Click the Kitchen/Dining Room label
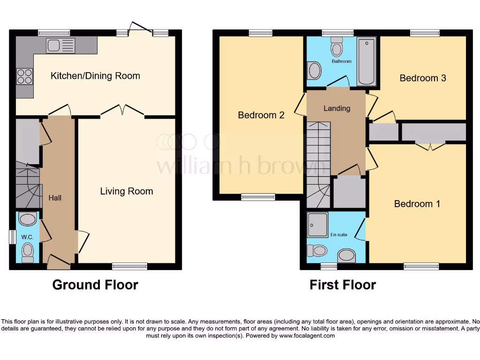click(95, 76)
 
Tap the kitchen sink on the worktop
click(60, 46)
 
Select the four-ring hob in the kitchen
click(25, 76)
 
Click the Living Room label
click(127, 191)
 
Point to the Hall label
click(55, 198)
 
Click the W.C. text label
click(27, 237)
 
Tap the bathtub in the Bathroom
click(366, 61)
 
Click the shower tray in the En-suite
click(318, 225)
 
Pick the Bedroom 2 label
click(261, 115)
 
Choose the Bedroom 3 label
click(422, 78)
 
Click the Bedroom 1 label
click(417, 204)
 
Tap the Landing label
click(337, 108)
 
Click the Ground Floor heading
click(95, 285)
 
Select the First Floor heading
click(343, 285)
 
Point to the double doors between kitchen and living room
click(122, 111)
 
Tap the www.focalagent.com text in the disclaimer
click(306, 336)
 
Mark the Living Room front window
click(130, 267)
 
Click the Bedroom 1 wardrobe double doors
click(430, 146)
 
